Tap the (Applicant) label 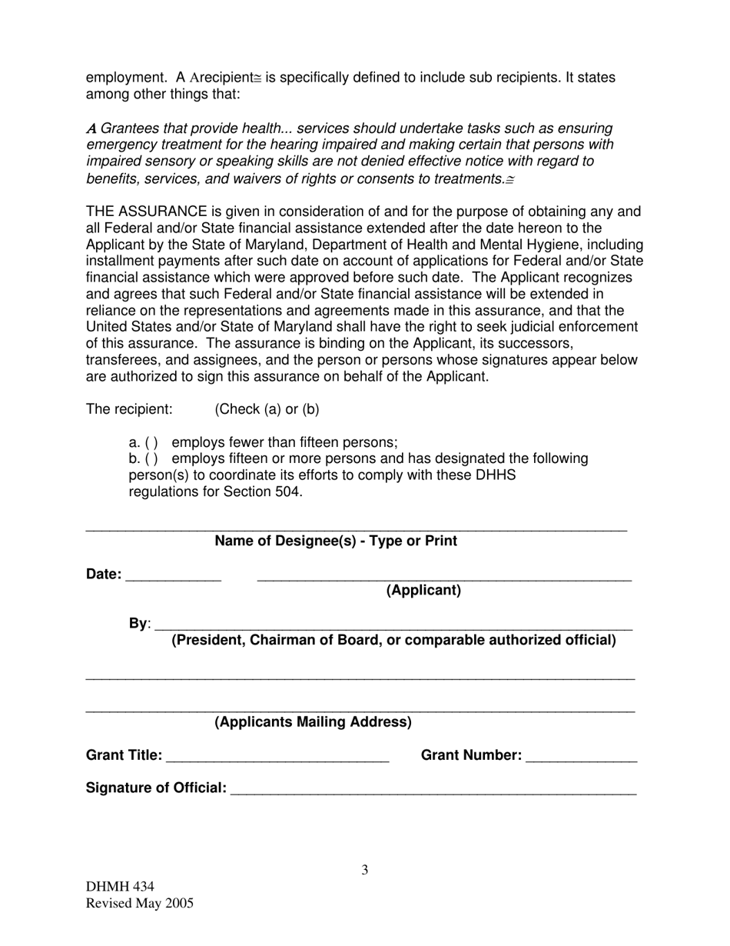coord(423,591)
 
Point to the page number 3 coord(365,871)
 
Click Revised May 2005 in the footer coord(139,904)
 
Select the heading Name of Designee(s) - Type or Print coord(336,541)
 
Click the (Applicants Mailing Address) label coord(313,722)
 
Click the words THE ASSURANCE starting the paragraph coord(147,212)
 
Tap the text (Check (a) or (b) coord(267,409)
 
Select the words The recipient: coord(129,409)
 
